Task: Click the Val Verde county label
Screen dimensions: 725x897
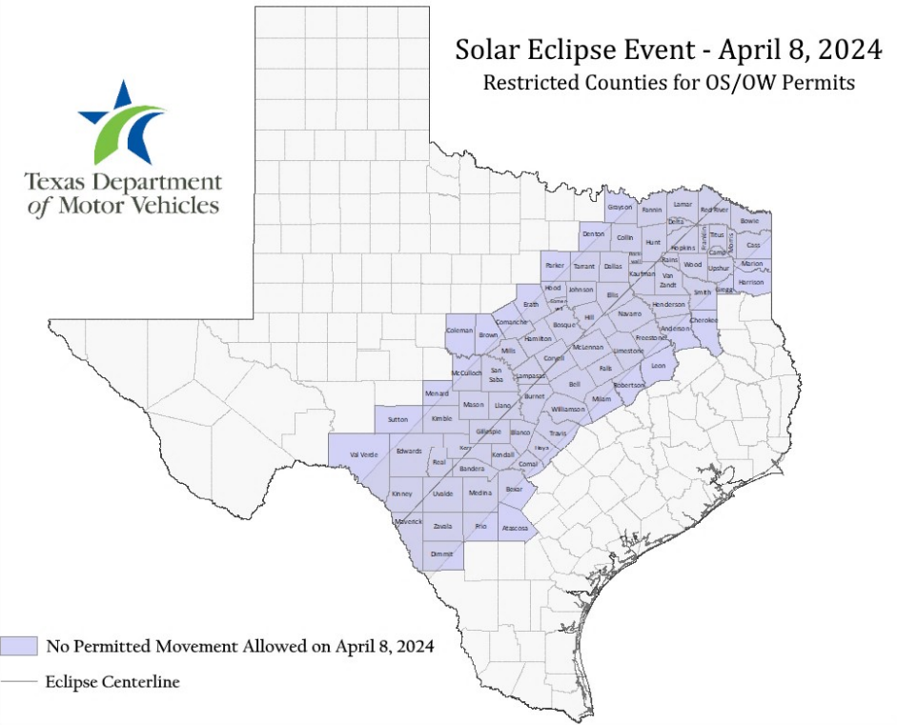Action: click(x=364, y=454)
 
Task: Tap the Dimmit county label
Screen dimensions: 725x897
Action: click(x=441, y=554)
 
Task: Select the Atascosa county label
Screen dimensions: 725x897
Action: click(x=515, y=527)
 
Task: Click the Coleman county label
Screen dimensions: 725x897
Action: click(x=459, y=331)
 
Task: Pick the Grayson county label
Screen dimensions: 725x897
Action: click(x=620, y=207)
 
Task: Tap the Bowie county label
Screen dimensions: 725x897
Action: click(x=750, y=220)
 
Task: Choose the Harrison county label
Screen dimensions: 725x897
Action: click(x=750, y=282)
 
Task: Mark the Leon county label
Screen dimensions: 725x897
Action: click(x=658, y=366)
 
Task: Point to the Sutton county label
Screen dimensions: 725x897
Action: click(x=398, y=418)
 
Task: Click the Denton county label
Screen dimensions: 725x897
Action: click(x=593, y=233)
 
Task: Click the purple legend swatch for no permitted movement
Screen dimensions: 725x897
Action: click(x=19, y=646)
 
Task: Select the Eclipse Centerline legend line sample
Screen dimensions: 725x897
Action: click(x=19, y=682)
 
